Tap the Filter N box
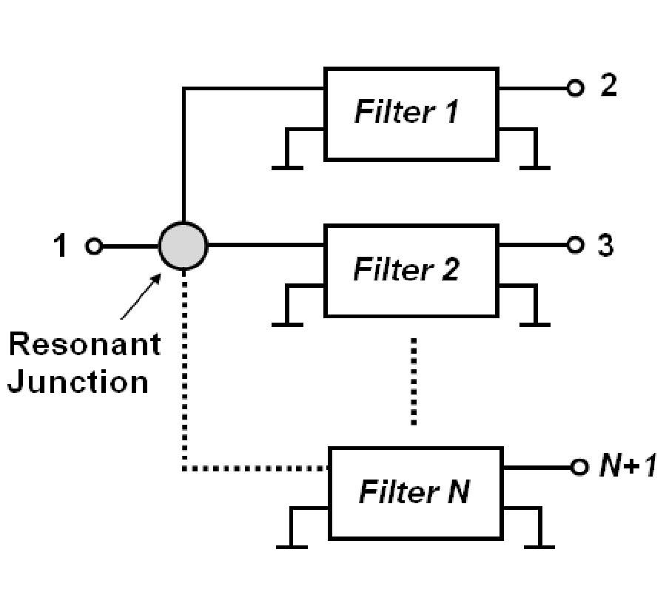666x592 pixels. point(415,492)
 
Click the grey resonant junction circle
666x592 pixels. point(184,246)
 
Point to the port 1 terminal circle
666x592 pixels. point(94,246)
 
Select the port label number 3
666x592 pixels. point(605,245)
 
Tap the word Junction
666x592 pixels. point(78,382)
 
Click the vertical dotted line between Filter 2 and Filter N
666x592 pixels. point(414,381)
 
